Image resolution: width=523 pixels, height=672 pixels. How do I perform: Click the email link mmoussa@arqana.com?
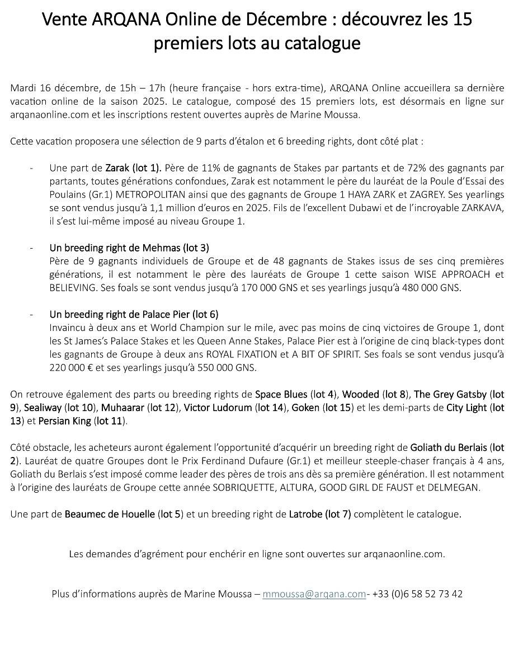click(x=314, y=594)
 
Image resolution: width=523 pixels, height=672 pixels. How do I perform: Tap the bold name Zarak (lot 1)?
click(x=133, y=167)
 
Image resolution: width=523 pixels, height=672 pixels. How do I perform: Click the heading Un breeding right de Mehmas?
click(x=129, y=248)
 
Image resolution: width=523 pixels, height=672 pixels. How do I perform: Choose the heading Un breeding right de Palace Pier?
click(x=134, y=315)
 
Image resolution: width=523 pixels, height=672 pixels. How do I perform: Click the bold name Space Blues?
click(x=281, y=394)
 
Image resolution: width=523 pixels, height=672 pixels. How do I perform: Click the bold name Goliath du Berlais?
click(x=449, y=447)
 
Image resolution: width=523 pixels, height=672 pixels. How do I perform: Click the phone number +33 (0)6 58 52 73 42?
click(x=417, y=594)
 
